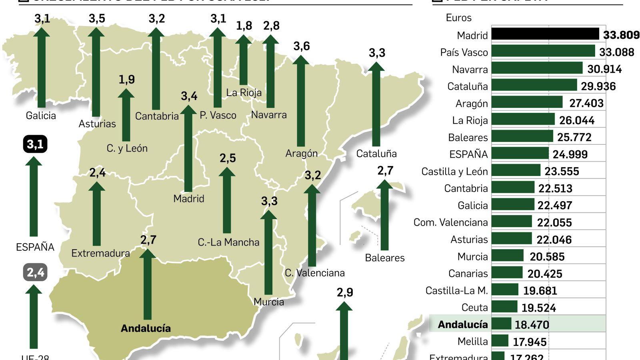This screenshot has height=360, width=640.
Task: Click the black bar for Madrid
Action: [x=545, y=34]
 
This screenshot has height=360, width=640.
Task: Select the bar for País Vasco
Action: [x=543, y=51]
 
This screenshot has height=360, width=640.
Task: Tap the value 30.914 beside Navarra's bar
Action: [x=604, y=69]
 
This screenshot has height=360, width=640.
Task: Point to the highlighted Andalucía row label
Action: [x=463, y=324]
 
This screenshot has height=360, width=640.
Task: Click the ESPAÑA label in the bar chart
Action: [x=468, y=154]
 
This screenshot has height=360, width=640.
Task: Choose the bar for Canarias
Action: [x=507, y=273]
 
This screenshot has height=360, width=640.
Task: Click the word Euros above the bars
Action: [x=458, y=18]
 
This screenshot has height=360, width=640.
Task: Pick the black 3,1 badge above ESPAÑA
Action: [x=35, y=144]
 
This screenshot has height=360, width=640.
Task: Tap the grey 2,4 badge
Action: [x=35, y=272]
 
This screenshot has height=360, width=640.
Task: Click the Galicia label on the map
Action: [x=41, y=116]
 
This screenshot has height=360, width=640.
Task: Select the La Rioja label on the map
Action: [x=244, y=93]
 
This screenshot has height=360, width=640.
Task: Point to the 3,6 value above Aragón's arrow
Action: [x=302, y=46]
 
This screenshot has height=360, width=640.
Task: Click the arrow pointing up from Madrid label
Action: [x=188, y=148]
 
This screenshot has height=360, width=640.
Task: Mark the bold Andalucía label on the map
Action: [x=146, y=328]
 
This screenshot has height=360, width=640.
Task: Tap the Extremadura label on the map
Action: [x=100, y=253]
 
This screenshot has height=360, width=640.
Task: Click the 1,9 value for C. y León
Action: [x=126, y=80]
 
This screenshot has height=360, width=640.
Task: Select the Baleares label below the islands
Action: [x=385, y=258]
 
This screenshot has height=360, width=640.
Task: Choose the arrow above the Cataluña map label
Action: [x=376, y=104]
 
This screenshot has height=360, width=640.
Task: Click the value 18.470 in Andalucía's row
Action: [x=532, y=324]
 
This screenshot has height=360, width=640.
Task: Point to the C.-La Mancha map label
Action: [x=228, y=242]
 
